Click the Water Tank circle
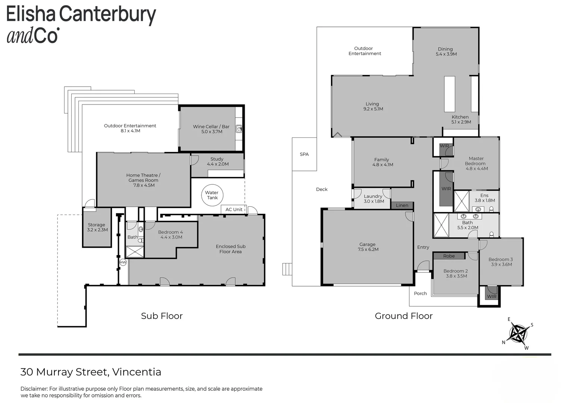click(212, 195)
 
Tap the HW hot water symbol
click(123, 262)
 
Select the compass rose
click(518, 333)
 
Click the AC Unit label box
click(234, 209)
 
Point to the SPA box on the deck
click(304, 154)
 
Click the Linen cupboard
click(402, 205)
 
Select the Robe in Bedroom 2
click(449, 256)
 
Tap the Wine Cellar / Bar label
click(211, 126)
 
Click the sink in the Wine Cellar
click(239, 129)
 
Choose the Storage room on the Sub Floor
click(97, 227)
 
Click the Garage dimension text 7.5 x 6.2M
click(368, 249)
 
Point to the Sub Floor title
click(162, 316)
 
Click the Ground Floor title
click(404, 316)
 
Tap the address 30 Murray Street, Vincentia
click(91, 372)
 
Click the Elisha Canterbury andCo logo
click(81, 24)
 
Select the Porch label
click(420, 293)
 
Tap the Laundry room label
click(373, 196)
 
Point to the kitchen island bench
click(450, 94)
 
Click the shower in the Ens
click(461, 201)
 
